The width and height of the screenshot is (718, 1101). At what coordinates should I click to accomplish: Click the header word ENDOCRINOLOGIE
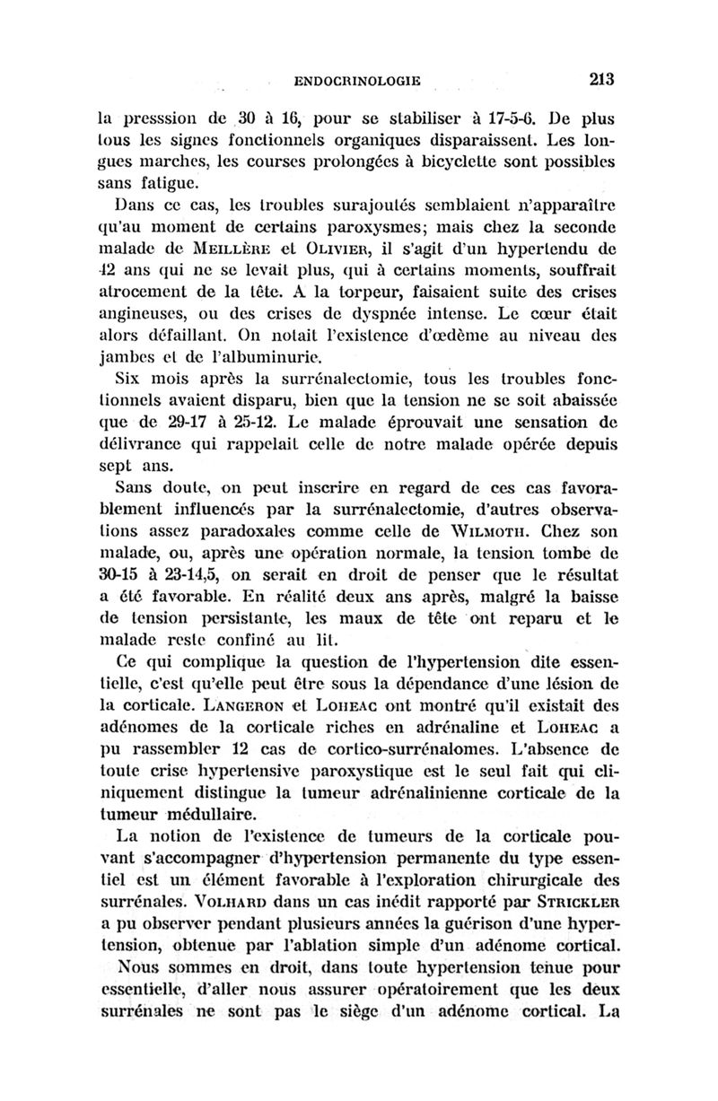coord(357,80)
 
